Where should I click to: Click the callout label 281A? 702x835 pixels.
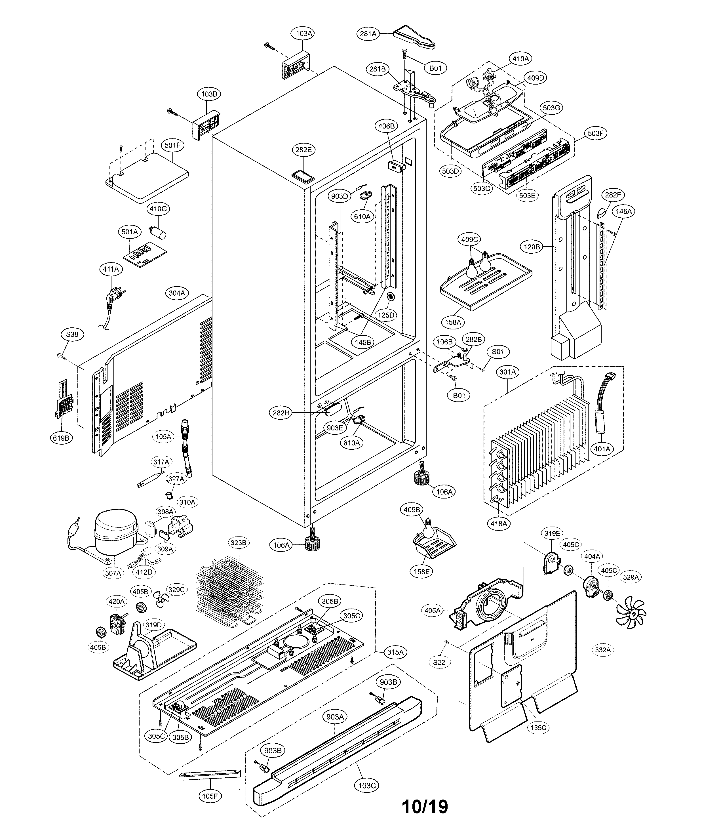click(x=368, y=34)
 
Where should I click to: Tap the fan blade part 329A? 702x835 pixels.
click(x=631, y=612)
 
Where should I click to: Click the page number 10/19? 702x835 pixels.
click(x=425, y=806)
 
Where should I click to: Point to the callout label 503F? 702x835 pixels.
click(x=595, y=133)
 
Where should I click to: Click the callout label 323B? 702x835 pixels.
click(x=238, y=542)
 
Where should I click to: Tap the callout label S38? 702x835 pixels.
click(x=72, y=334)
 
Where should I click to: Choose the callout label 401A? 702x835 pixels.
click(x=602, y=449)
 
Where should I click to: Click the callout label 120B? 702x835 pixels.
click(x=532, y=247)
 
